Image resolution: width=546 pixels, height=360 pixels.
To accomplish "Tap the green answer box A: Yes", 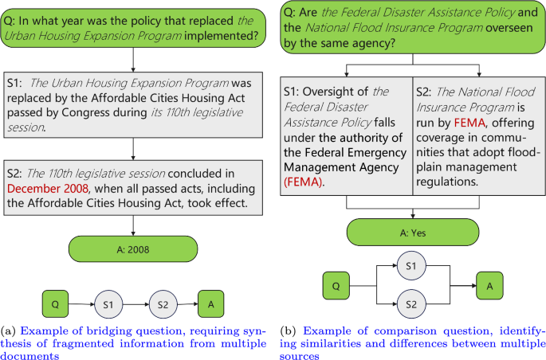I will tap(412, 235).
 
